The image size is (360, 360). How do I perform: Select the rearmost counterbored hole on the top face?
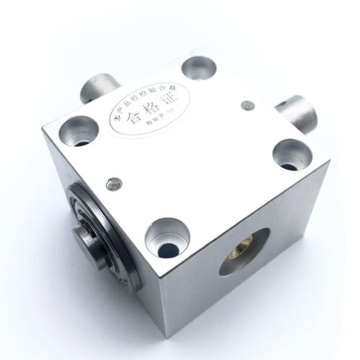point(197,68)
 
